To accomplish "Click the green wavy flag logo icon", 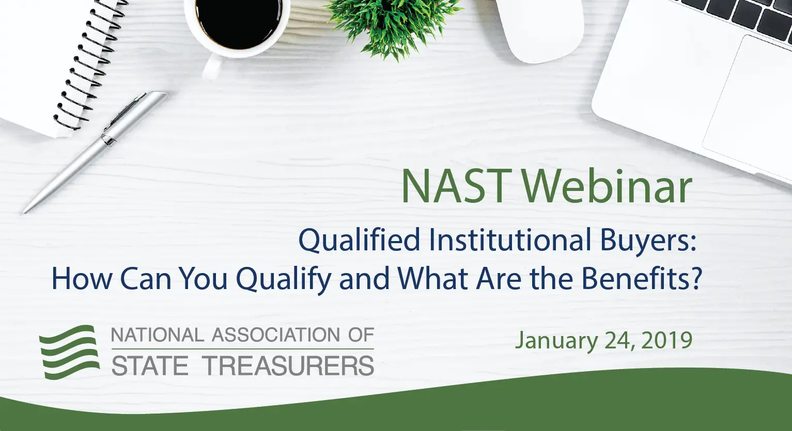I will [70, 352].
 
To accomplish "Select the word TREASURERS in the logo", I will [289, 366].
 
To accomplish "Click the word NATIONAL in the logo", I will [158, 336].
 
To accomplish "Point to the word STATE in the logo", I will [150, 366].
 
